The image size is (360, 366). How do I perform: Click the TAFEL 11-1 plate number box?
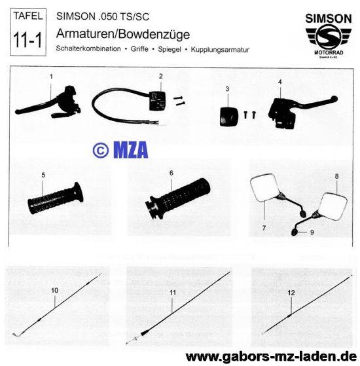(x=28, y=32)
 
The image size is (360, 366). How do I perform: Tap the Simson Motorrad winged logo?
(x=329, y=37)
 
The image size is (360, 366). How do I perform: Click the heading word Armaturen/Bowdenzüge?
(x=123, y=34)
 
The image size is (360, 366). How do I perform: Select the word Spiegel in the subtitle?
(x=170, y=49)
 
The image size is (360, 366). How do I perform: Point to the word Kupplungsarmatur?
(x=220, y=50)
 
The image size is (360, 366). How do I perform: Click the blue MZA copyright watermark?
(x=120, y=150)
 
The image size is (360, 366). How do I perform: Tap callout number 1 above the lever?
(x=51, y=77)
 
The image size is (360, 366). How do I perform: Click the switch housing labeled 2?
(x=157, y=101)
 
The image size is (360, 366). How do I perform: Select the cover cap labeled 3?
(x=228, y=117)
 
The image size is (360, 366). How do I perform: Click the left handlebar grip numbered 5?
(x=55, y=198)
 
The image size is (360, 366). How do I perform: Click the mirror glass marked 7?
(x=264, y=187)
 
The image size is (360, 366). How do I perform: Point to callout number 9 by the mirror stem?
(x=312, y=232)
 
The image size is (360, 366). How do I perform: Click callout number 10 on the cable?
(x=54, y=290)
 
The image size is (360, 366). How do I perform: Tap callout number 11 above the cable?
(x=173, y=293)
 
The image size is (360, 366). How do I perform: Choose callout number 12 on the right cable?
(x=291, y=293)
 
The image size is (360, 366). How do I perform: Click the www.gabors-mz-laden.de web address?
(x=271, y=357)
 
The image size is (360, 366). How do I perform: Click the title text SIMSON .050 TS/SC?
(x=103, y=16)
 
